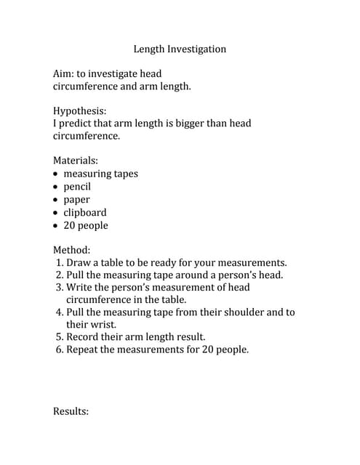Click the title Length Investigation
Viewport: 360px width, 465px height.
click(180, 49)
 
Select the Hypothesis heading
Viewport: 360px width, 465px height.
click(79, 111)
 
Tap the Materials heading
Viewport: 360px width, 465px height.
click(75, 161)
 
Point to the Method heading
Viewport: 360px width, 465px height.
click(71, 249)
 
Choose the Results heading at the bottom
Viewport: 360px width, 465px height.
click(71, 411)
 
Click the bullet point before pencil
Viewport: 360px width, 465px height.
click(57, 187)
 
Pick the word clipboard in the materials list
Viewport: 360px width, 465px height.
click(85, 213)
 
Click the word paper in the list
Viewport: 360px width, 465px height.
click(77, 200)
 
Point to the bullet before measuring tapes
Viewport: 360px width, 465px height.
click(57, 174)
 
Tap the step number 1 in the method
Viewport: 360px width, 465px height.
click(58, 263)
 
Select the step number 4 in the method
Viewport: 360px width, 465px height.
click(59, 312)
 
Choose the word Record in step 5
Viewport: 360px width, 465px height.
click(83, 337)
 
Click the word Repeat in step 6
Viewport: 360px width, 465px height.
click(83, 349)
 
